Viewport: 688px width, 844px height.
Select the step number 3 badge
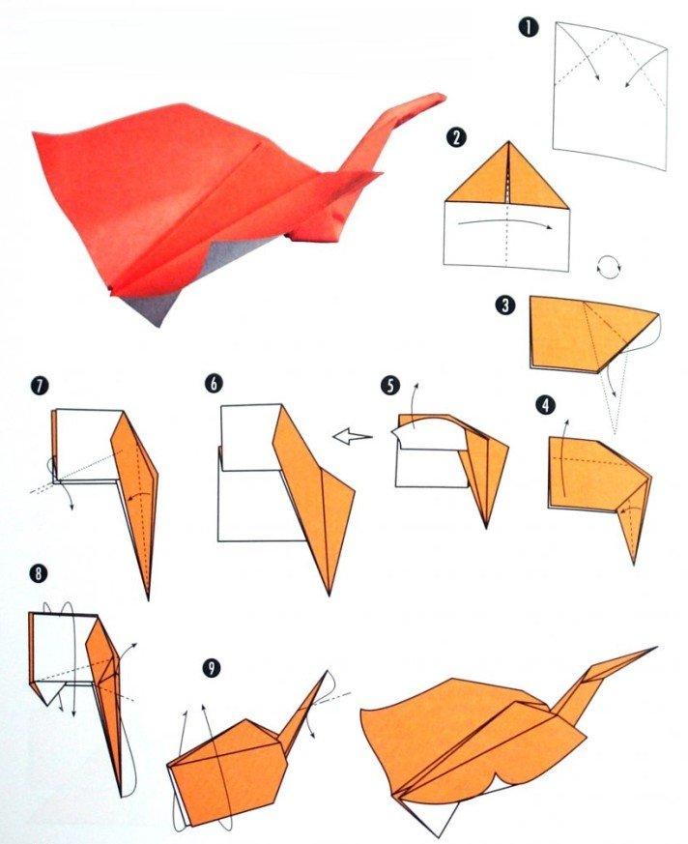click(x=504, y=306)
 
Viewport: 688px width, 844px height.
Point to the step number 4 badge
click(x=546, y=405)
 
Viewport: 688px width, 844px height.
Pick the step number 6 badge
click(x=213, y=383)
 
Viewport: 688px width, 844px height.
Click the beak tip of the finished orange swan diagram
click(x=655, y=648)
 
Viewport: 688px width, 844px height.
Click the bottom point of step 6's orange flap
click(x=331, y=591)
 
